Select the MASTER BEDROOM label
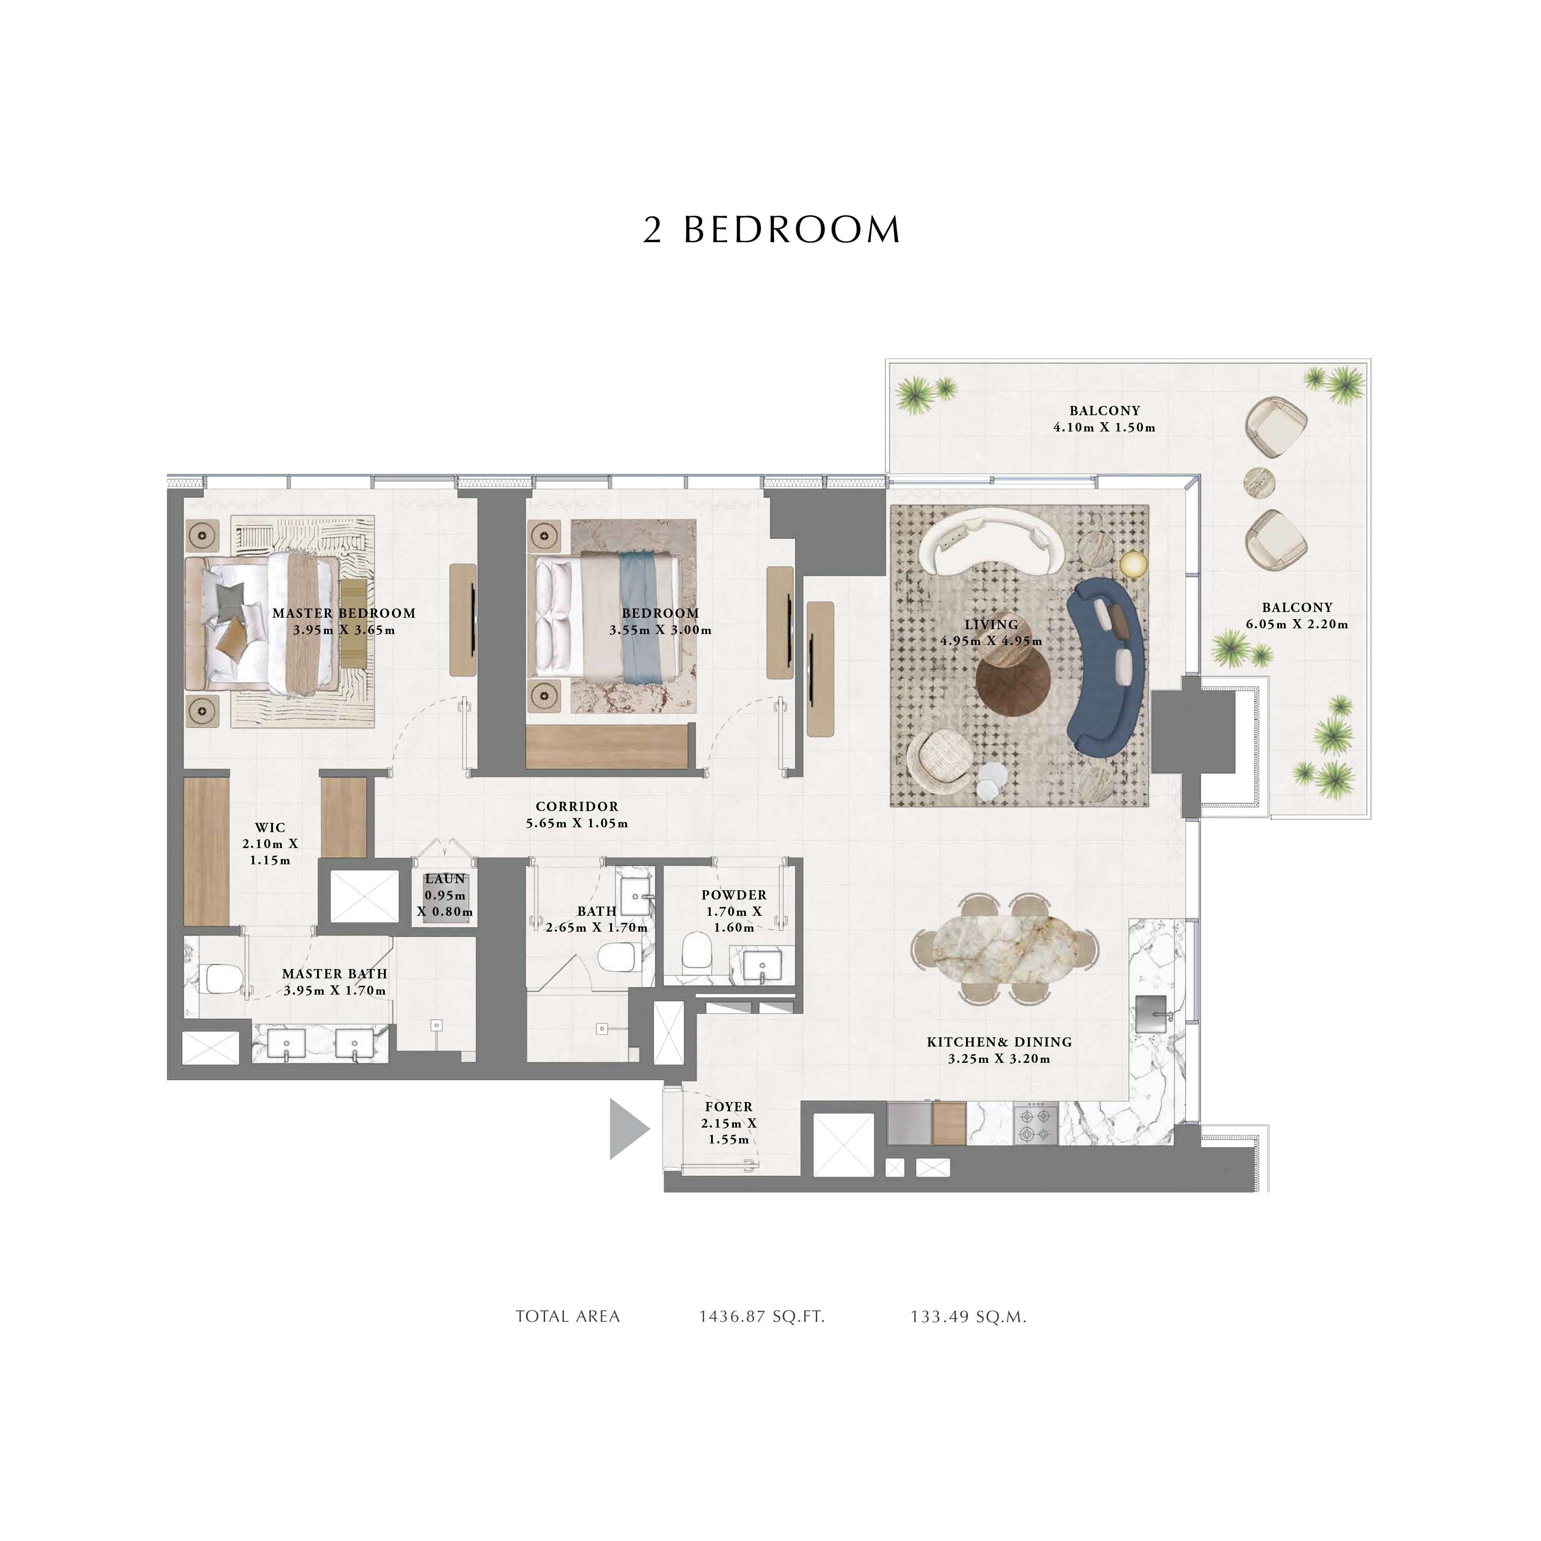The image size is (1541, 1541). coord(344,613)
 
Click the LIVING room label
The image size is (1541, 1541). coord(992,624)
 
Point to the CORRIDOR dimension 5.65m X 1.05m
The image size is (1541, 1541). coord(577,823)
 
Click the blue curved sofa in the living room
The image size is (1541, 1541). coord(1106,667)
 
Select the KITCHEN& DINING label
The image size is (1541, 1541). coord(999,1042)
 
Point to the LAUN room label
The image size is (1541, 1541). coord(445,879)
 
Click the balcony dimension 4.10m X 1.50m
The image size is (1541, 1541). coord(1105,428)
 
